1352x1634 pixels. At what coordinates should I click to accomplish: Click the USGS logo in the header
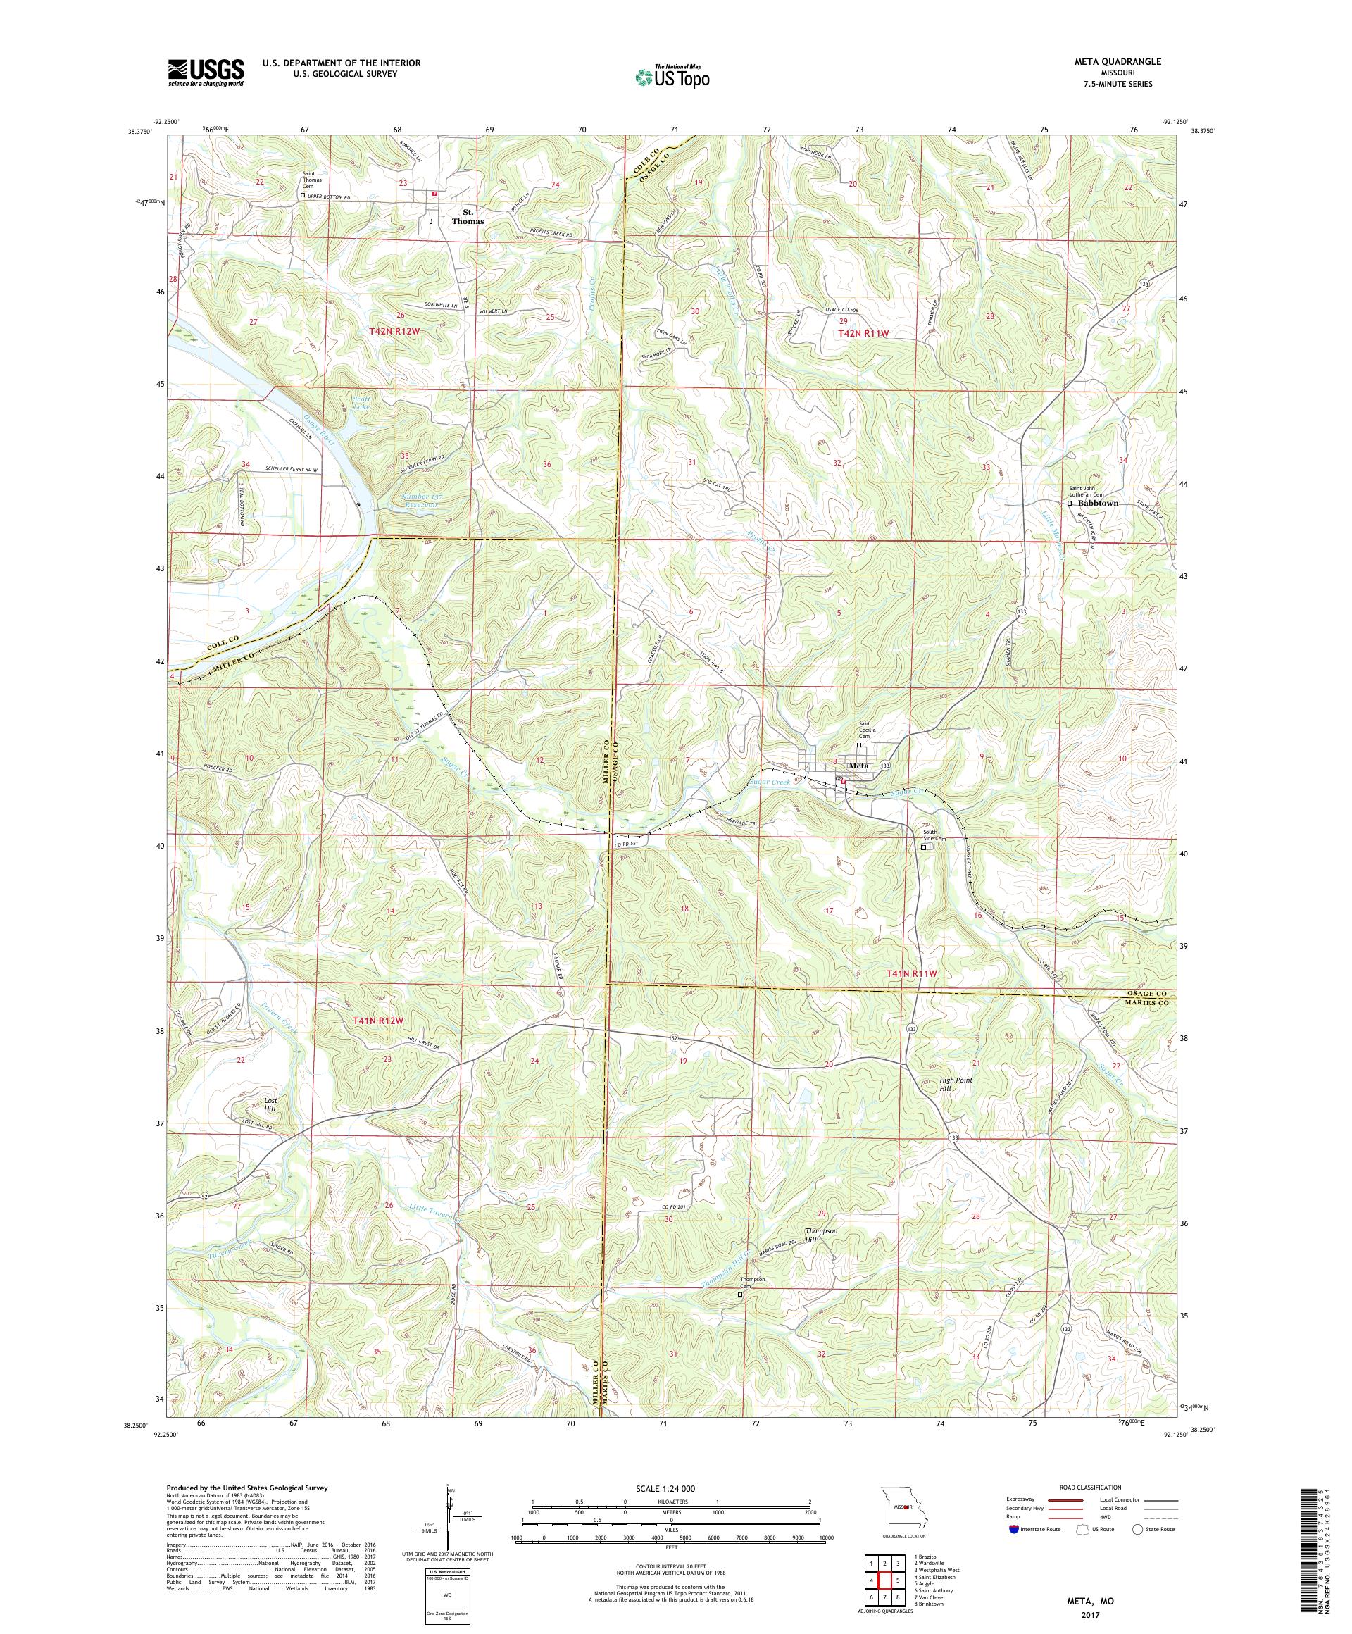pos(206,72)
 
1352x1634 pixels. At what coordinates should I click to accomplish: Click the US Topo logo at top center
pos(674,76)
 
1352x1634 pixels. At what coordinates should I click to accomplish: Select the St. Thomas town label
pos(468,216)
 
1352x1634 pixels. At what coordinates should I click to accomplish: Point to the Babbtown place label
pos(1097,504)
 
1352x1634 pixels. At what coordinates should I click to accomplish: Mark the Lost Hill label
pos(270,1106)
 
